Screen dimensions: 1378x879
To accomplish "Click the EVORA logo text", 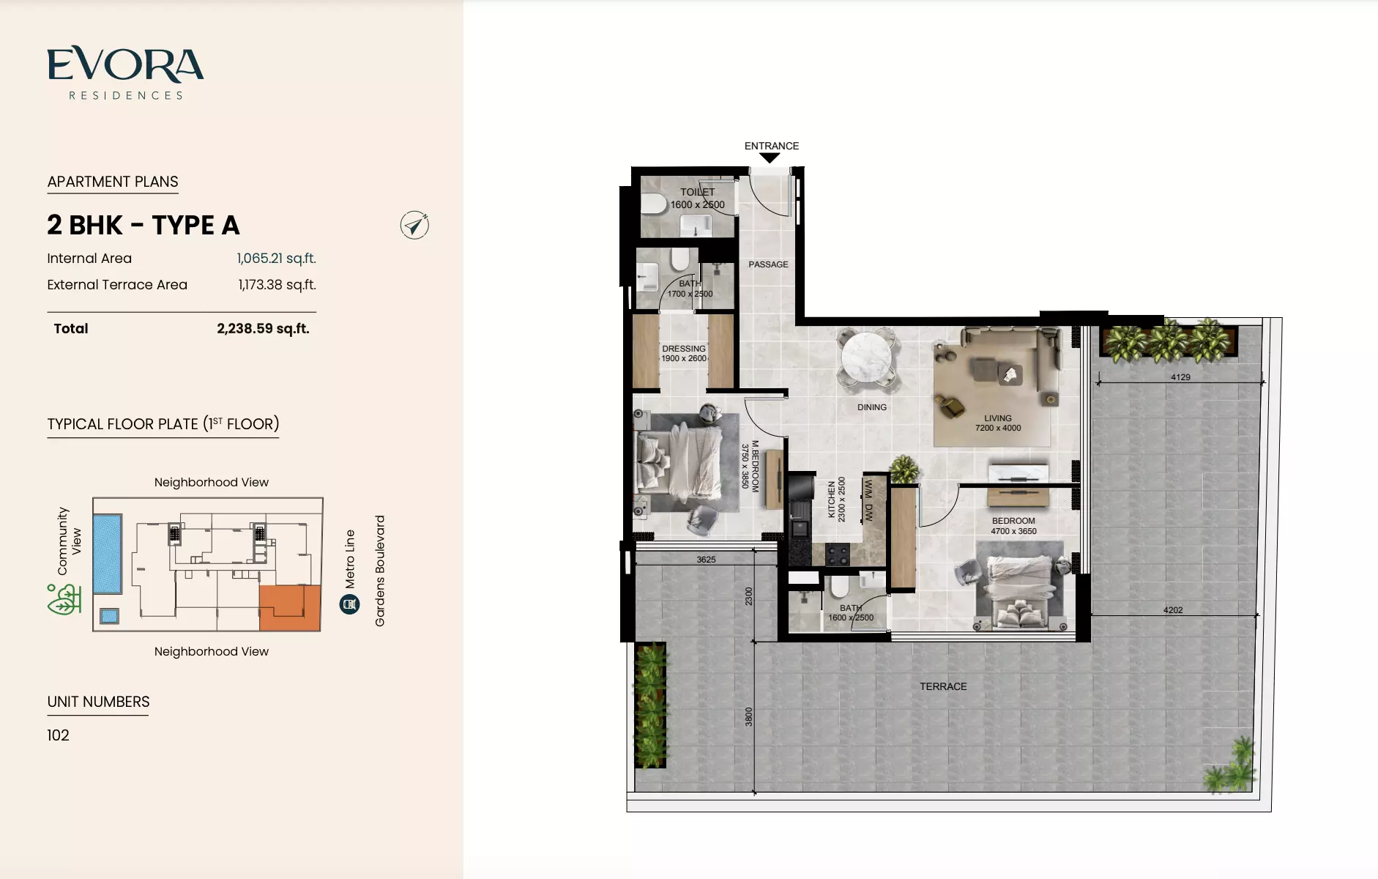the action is pos(125,64).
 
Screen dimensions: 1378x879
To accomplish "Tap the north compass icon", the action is pos(414,226).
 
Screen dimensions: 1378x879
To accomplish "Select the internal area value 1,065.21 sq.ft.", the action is pos(276,259).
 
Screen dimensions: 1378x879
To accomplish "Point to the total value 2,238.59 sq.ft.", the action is pos(263,329).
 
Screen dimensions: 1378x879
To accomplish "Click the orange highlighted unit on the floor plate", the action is pos(290,608).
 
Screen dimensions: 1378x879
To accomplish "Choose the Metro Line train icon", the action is pos(349,604).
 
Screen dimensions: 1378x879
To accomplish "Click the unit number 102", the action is pos(58,735).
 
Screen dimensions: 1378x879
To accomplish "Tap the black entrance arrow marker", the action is pos(770,157).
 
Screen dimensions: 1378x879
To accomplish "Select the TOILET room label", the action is pos(697,192).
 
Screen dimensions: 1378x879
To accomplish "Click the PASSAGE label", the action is pos(768,264).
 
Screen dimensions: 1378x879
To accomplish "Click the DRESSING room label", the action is pos(684,349).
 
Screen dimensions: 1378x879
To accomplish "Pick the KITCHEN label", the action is pos(832,500).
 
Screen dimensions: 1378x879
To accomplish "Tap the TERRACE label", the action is pos(943,686).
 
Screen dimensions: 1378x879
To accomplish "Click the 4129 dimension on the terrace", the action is pos(1180,377).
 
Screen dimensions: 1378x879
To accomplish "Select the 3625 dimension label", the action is pos(706,560).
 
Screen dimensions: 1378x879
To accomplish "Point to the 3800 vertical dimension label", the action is pos(748,716).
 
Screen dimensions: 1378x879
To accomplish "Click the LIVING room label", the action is pos(998,418).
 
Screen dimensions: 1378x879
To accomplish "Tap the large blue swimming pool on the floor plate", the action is pos(108,555).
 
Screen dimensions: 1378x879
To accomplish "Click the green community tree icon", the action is pos(64,599).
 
